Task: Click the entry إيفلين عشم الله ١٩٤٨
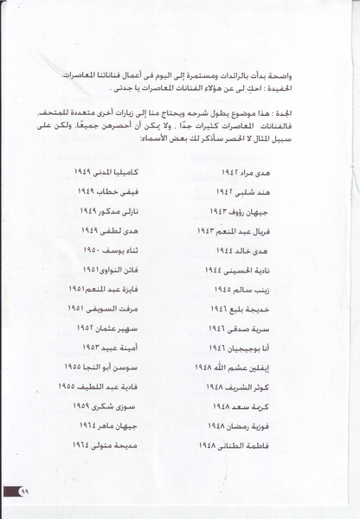click(261, 368)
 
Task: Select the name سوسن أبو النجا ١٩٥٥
click(99, 368)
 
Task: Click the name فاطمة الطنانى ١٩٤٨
click(260, 446)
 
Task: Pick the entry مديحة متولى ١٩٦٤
click(106, 446)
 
